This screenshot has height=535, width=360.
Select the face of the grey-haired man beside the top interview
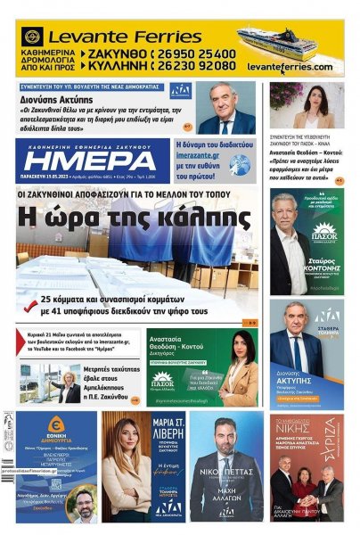tap(223, 99)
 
